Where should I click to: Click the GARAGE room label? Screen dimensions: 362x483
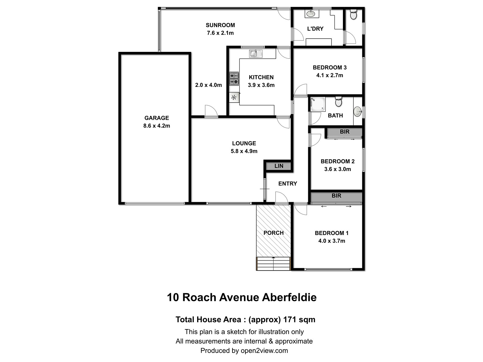click(x=156, y=118)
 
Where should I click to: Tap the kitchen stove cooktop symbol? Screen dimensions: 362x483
click(x=234, y=78)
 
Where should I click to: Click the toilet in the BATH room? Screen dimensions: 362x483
click(x=338, y=102)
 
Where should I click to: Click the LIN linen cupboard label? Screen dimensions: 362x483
click(x=279, y=166)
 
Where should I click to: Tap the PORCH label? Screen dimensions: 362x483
click(x=273, y=233)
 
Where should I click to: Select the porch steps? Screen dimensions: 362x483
click(x=273, y=264)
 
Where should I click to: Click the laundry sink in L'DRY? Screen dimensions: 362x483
click(x=311, y=14)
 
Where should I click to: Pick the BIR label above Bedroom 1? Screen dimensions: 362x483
click(x=336, y=196)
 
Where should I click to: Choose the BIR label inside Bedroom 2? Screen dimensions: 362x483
click(x=344, y=132)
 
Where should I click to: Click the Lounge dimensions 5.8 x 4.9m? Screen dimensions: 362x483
click(x=244, y=151)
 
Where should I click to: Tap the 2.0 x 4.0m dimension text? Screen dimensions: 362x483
click(x=208, y=85)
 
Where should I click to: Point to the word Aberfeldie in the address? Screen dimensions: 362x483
click(x=289, y=297)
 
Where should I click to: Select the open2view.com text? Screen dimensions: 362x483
click(x=264, y=351)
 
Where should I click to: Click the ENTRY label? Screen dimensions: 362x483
click(x=287, y=183)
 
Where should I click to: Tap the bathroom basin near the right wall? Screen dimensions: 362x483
click(x=358, y=111)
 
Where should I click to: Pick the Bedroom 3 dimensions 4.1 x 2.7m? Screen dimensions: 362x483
click(x=330, y=75)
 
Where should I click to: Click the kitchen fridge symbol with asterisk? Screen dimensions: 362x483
click(x=234, y=97)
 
